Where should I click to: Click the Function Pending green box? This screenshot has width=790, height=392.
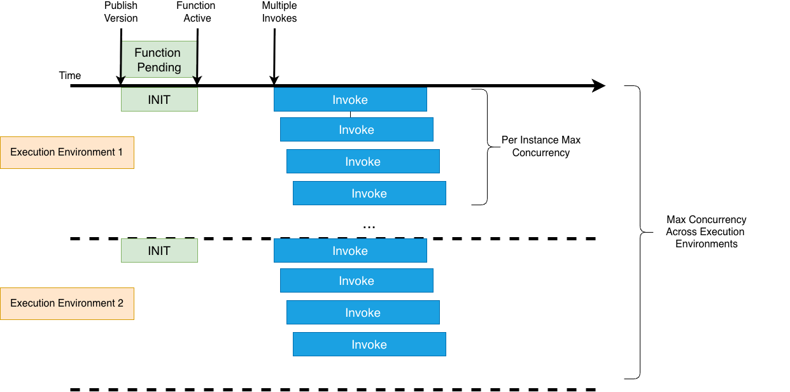pyautogui.click(x=158, y=59)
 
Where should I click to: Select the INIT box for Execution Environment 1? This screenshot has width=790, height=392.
pyautogui.click(x=159, y=99)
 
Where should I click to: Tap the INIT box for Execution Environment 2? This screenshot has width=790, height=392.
pyautogui.click(x=159, y=250)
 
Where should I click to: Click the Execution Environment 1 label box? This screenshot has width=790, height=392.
pyautogui.click(x=67, y=152)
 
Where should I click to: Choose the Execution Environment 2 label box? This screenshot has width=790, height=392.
pyautogui.click(x=67, y=303)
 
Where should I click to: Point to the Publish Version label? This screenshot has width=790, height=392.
pyautogui.click(x=121, y=12)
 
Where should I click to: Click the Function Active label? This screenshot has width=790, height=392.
pyautogui.click(x=197, y=12)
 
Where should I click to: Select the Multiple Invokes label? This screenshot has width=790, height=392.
pyautogui.click(x=279, y=12)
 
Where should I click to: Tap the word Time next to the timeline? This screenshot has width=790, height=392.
pyautogui.click(x=70, y=75)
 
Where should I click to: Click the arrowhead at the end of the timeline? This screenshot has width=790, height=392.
pyautogui.click(x=598, y=85)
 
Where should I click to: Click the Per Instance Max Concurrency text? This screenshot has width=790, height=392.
pyautogui.click(x=540, y=146)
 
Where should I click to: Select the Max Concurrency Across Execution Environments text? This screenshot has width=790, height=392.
pyautogui.click(x=706, y=231)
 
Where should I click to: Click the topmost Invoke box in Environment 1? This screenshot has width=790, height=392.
pyautogui.click(x=350, y=99)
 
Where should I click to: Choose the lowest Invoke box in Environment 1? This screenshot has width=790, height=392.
pyautogui.click(x=369, y=193)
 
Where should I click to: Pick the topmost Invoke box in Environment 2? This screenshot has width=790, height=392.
pyautogui.click(x=350, y=250)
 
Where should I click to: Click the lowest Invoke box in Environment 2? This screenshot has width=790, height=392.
pyautogui.click(x=369, y=344)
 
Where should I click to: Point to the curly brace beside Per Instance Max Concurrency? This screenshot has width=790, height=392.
pyautogui.click(x=485, y=147)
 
